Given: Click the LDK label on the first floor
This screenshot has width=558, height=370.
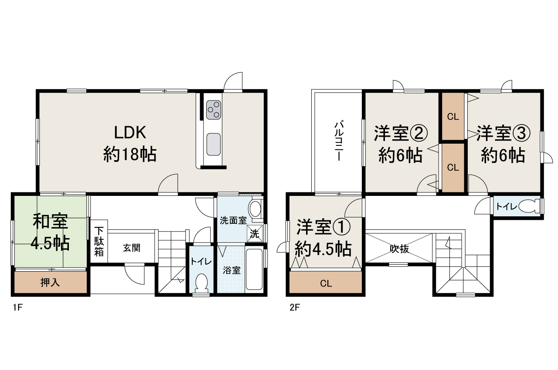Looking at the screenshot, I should pyautogui.click(x=129, y=131).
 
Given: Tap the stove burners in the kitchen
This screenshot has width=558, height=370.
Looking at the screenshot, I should pyautogui.click(x=213, y=109).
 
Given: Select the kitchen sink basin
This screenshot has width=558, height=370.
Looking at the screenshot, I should pyautogui.click(x=213, y=144).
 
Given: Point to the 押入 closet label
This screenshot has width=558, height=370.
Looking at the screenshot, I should pyautogui.click(x=50, y=283).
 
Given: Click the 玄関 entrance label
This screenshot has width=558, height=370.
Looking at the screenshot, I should pyautogui.click(x=131, y=248).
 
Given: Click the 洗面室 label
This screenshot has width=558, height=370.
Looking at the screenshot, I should pyautogui.click(x=233, y=221).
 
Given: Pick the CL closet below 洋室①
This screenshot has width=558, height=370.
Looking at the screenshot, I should pyautogui.click(x=326, y=284).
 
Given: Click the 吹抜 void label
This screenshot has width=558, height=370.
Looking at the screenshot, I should pyautogui.click(x=399, y=249).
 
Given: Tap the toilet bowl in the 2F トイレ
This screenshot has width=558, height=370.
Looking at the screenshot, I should pyautogui.click(x=529, y=206).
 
